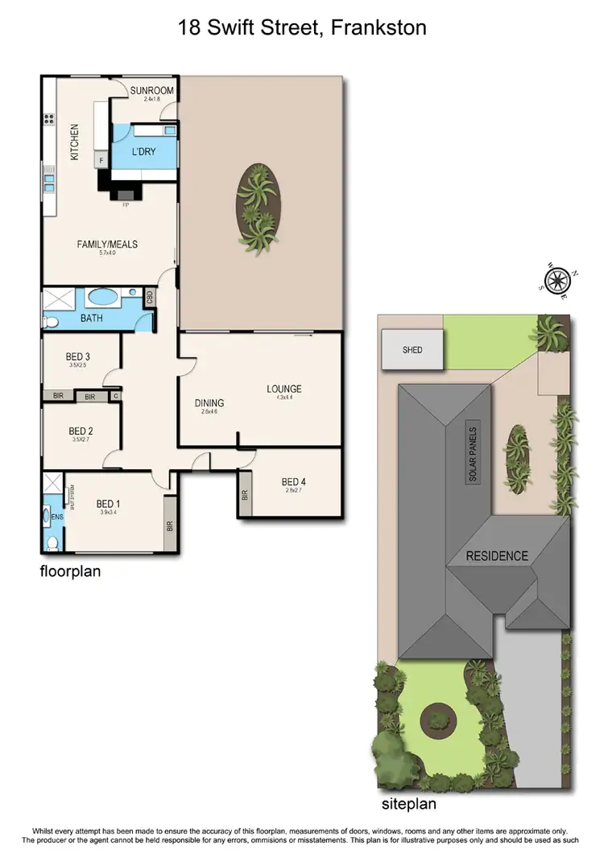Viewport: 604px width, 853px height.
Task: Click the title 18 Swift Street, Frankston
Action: pos(302,29)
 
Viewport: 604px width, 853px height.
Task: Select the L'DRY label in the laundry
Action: pos(144,151)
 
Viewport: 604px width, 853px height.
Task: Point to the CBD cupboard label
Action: pos(150,297)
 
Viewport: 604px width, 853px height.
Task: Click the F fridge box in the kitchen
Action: pos(101,160)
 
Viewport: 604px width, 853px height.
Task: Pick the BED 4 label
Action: pos(294,482)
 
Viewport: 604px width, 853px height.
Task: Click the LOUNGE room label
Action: pos(283,389)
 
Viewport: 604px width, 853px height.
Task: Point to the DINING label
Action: pos(209,403)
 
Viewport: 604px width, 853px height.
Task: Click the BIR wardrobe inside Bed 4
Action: pos(244,495)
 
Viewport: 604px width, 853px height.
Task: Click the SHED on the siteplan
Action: pos(412,350)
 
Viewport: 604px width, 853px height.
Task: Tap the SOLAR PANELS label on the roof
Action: pos(474,452)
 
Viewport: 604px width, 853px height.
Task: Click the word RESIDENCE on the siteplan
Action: pos(497,556)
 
